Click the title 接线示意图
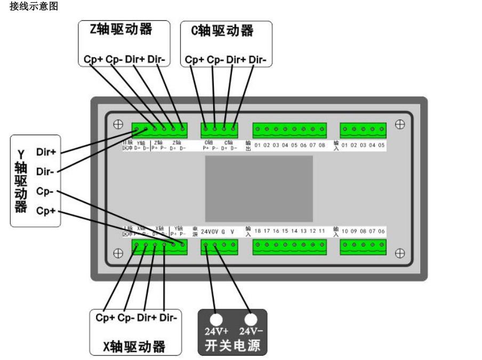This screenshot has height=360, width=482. point(34,7)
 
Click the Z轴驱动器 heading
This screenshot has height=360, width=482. point(121,30)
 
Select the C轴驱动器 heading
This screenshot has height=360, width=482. point(222,31)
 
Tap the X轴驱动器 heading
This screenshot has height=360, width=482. point(134,347)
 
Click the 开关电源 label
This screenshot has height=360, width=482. point(232,346)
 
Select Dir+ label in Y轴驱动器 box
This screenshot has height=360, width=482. point(46,152)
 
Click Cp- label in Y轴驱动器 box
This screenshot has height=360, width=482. point(46,191)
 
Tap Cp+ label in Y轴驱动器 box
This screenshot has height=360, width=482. point(46,211)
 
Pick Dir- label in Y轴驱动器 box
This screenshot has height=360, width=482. point(46,171)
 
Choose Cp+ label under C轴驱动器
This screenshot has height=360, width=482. point(194,60)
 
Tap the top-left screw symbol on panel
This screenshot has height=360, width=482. point(118,125)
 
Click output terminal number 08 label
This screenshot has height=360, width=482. point(322,145)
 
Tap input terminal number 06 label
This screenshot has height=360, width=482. point(381,231)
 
